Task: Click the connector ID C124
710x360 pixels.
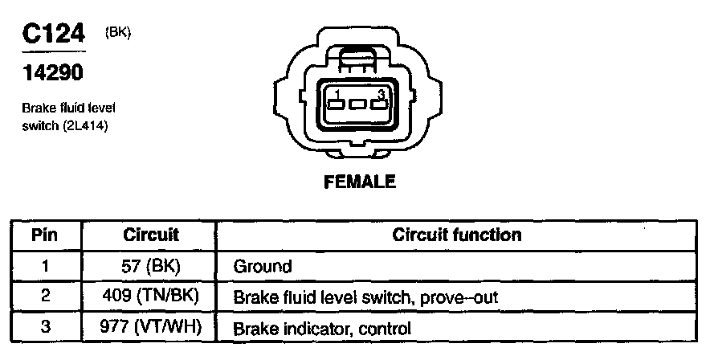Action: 53,35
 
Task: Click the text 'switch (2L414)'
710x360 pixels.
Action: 65,125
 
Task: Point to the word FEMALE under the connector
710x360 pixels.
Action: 359,182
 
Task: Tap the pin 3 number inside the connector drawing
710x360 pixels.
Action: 382,95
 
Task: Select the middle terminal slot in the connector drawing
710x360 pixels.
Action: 359,105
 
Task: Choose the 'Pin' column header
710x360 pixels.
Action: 45,235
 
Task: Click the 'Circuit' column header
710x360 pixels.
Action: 151,235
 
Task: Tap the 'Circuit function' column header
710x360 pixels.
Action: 456,235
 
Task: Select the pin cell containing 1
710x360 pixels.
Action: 45,265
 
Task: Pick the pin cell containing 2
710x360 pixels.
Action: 45,296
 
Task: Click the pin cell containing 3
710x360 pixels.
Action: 45,327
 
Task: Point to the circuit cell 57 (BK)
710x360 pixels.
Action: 151,265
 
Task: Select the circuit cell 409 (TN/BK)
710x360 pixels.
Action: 151,296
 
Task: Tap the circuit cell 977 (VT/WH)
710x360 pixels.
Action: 151,327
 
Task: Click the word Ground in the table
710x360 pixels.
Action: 262,265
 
